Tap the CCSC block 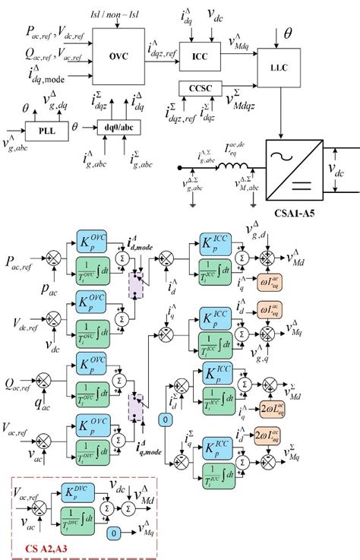tap(200, 87)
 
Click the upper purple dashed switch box tap(137, 286)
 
